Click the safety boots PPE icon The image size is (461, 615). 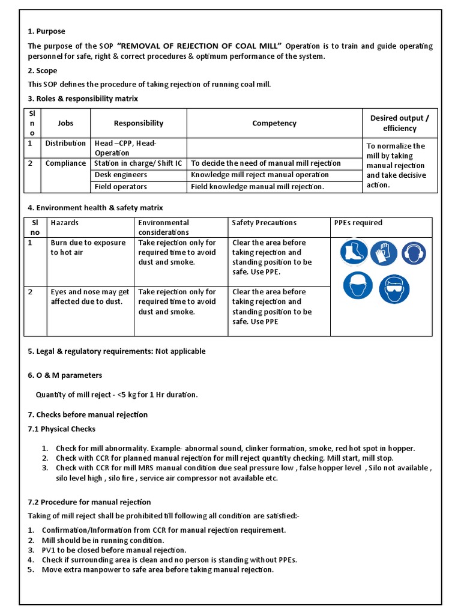pyautogui.click(x=354, y=252)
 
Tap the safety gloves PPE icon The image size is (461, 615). pyautogui.click(x=384, y=252)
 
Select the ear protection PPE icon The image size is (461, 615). pyautogui.click(x=414, y=253)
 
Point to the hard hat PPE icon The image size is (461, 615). pyautogui.click(x=358, y=285)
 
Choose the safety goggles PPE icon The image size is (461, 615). pyautogui.click(x=394, y=289)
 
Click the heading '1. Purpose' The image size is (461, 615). pyautogui.click(x=46, y=31)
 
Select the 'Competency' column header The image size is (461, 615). pyautogui.click(x=274, y=123)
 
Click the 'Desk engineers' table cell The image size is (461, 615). pyautogui.click(x=121, y=175)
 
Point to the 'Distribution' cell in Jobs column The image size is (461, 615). pyautogui.click(x=65, y=144)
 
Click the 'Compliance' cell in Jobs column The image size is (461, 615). pyautogui.click(x=65, y=163)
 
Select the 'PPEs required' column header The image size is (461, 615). pyautogui.click(x=358, y=223)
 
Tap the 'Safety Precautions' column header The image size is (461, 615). pyautogui.click(x=264, y=223)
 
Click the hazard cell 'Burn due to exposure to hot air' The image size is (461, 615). pyautogui.click(x=88, y=247)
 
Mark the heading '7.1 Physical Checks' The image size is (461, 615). pyautogui.click(x=61, y=429)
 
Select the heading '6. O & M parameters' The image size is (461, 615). pyautogui.click(x=65, y=375)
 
